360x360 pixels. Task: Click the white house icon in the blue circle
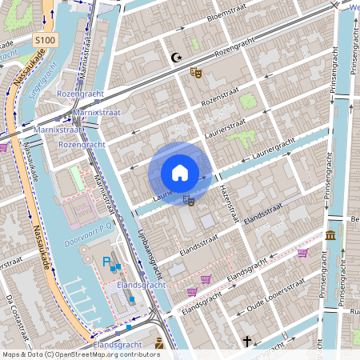[180, 173]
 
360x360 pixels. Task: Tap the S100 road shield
[45, 39]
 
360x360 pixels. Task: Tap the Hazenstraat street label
[230, 200]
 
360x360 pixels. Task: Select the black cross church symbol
[247, 342]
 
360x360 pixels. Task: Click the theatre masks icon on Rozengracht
[195, 73]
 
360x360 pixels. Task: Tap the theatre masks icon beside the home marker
[189, 200]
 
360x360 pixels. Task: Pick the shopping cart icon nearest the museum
[302, 253]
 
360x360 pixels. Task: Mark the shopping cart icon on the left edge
[4, 147]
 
